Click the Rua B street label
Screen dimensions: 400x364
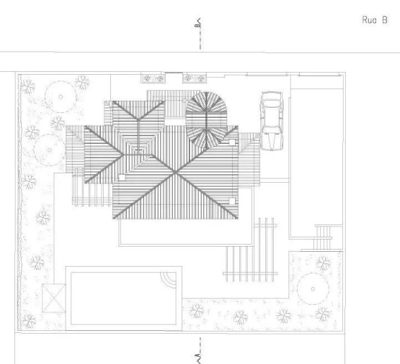(x=375, y=20)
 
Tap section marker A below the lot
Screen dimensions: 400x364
(x=198, y=357)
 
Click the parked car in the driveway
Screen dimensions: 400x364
(x=272, y=121)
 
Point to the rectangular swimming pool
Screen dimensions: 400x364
(x=124, y=299)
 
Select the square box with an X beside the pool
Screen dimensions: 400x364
(x=53, y=298)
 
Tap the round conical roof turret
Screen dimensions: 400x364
(x=206, y=120)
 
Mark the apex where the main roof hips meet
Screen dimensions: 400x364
(x=175, y=173)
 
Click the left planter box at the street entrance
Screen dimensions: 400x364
(x=153, y=78)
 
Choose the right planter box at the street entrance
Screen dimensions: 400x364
(x=195, y=78)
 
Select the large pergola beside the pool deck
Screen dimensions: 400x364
(x=250, y=250)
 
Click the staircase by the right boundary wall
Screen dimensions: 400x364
(x=324, y=237)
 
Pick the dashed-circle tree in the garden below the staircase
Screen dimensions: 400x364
(x=313, y=289)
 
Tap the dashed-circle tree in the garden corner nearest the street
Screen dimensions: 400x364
(x=61, y=96)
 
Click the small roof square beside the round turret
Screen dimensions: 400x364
(x=231, y=142)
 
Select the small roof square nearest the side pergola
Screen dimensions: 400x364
(x=123, y=178)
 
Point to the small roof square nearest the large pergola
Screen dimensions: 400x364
(x=232, y=201)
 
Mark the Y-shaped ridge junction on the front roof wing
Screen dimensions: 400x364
(x=138, y=119)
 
